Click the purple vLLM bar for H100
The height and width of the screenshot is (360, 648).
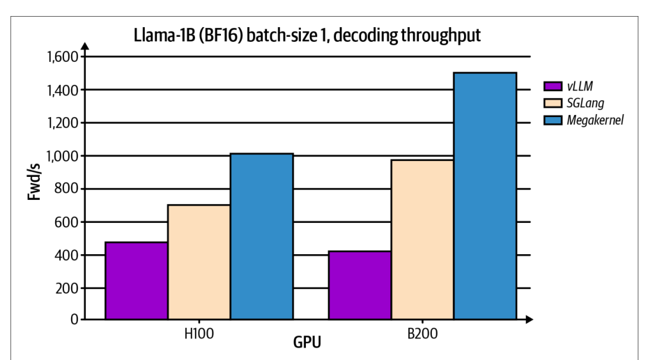(x=137, y=281)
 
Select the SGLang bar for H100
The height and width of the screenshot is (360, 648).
(x=199, y=262)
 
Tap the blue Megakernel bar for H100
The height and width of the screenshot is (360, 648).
(x=262, y=236)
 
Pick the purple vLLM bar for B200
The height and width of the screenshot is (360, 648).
(x=360, y=285)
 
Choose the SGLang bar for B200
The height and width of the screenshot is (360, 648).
(x=422, y=240)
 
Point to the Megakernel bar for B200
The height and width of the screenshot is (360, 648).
(x=485, y=196)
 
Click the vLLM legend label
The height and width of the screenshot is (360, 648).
(x=580, y=86)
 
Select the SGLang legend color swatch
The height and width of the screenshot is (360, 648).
(x=553, y=103)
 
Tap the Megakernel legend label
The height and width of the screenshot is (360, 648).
(x=595, y=120)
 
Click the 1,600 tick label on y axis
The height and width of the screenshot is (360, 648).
(x=63, y=56)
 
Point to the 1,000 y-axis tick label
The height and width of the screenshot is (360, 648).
(x=63, y=156)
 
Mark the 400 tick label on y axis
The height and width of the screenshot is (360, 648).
(x=66, y=256)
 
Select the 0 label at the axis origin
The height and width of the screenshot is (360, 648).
(x=75, y=319)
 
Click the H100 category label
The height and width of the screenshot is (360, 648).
(x=199, y=334)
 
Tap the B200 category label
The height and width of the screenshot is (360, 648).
(x=422, y=334)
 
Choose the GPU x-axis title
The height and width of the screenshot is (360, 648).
(x=307, y=343)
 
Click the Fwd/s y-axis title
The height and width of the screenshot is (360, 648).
(x=34, y=182)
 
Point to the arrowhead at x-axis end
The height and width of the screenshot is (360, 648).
(x=530, y=319)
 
